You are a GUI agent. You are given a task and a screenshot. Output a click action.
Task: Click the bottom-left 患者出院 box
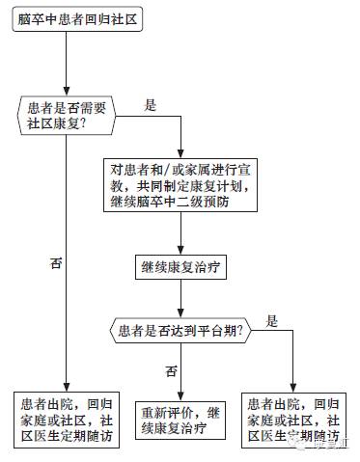point(66,417)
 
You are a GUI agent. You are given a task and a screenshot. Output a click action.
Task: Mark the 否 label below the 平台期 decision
point(171,369)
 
